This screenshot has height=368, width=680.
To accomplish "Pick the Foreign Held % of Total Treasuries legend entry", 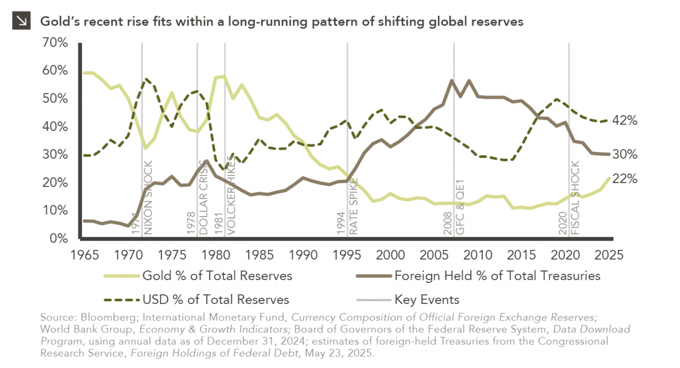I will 497,276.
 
